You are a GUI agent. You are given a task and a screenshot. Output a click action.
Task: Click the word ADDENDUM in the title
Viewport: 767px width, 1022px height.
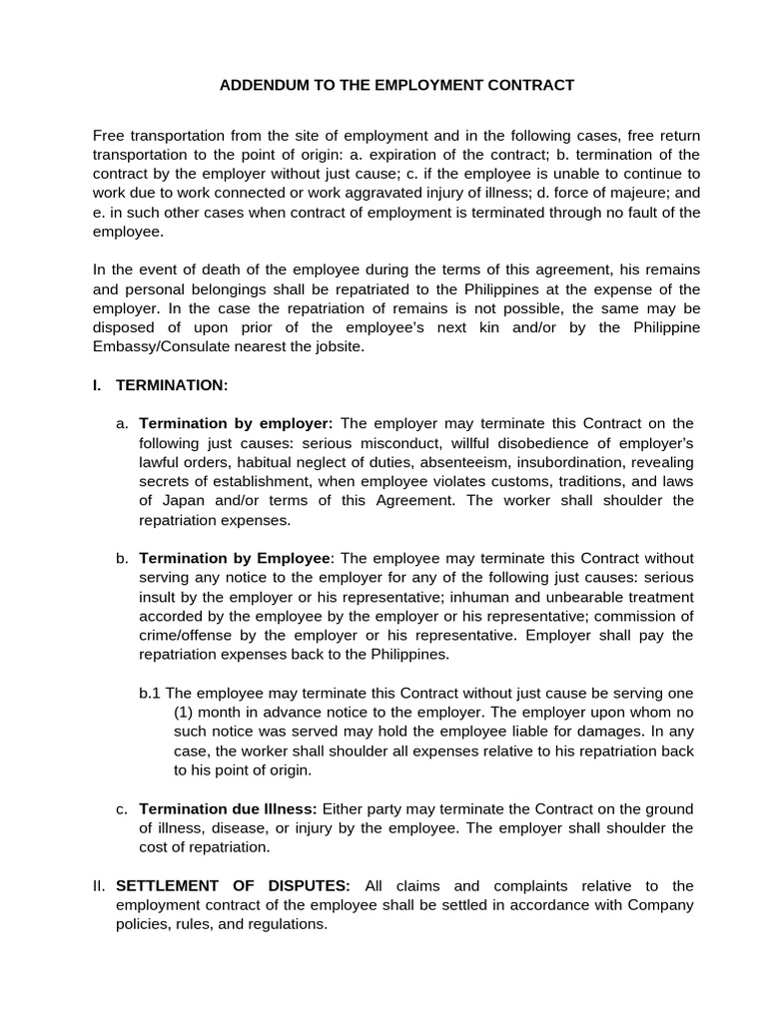pyautogui.click(x=263, y=85)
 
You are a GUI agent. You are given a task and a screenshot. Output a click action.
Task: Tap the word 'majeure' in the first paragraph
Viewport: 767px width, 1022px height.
pyautogui.click(x=610, y=193)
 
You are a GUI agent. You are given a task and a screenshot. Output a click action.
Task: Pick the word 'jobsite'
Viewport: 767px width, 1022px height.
pyautogui.click(x=338, y=346)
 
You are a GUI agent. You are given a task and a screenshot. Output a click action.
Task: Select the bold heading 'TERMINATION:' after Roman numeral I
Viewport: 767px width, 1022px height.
pyautogui.click(x=172, y=385)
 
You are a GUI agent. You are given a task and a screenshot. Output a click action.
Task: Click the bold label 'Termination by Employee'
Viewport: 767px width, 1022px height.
pyautogui.click(x=234, y=558)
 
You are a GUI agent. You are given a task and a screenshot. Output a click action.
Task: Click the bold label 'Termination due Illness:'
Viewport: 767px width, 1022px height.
pyautogui.click(x=229, y=808)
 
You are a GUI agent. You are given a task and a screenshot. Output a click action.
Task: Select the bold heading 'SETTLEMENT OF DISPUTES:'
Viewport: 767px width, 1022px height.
pyautogui.click(x=234, y=885)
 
